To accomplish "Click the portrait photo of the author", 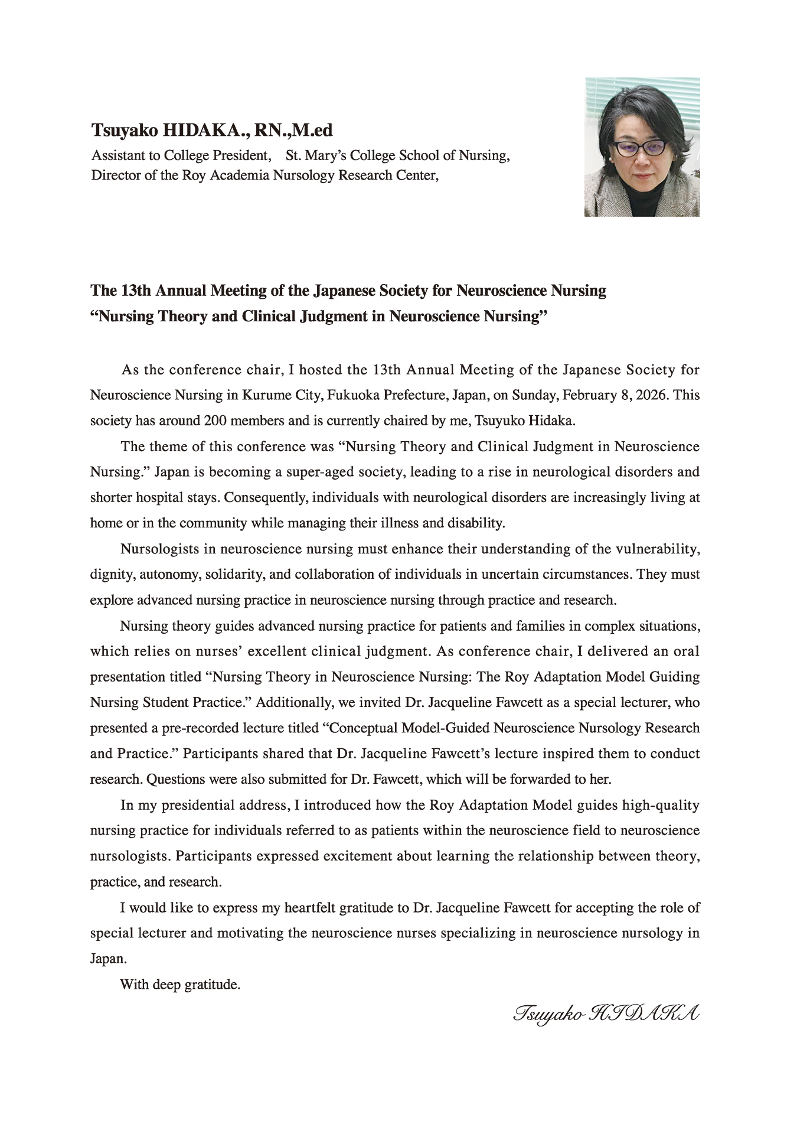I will coord(642,147).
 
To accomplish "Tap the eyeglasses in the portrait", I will coord(639,148).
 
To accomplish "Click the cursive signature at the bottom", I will coord(606,1014).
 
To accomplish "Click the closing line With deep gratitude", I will coord(180,985).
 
